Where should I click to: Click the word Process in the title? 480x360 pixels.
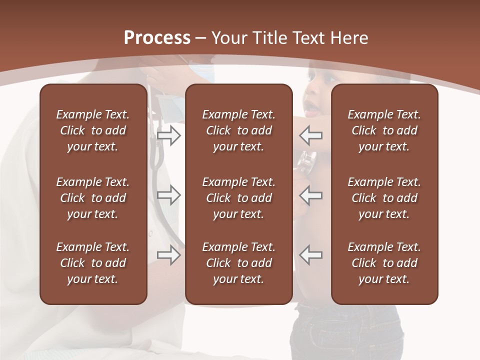pyautogui.click(x=157, y=38)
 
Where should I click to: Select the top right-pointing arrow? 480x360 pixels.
pyautogui.click(x=168, y=135)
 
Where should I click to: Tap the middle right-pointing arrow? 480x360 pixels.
pyautogui.click(x=168, y=195)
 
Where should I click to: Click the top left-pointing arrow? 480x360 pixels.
pyautogui.click(x=311, y=135)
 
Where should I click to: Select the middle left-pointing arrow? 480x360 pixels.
pyautogui.click(x=311, y=195)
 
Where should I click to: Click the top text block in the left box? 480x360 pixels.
pyautogui.click(x=93, y=130)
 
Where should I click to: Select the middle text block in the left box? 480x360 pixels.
pyautogui.click(x=93, y=198)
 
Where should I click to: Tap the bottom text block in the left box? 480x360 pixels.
pyautogui.click(x=93, y=263)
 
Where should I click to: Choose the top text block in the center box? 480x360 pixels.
pyautogui.click(x=238, y=130)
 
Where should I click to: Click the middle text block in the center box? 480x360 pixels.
pyautogui.click(x=238, y=198)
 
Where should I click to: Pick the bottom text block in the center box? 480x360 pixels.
pyautogui.click(x=238, y=263)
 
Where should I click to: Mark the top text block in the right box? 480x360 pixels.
pyautogui.click(x=384, y=130)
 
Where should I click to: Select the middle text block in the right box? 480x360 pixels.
pyautogui.click(x=384, y=198)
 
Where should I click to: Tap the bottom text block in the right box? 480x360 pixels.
pyautogui.click(x=384, y=263)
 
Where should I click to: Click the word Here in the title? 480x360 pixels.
pyautogui.click(x=349, y=38)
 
